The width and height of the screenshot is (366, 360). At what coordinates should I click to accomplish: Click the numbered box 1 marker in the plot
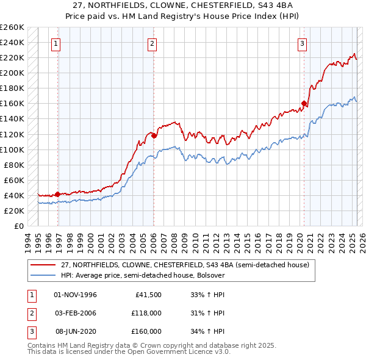[x=56, y=43]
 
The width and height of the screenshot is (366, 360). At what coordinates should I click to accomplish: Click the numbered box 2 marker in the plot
[x=151, y=43]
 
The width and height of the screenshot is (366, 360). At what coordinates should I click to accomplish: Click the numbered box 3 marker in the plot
[x=302, y=43]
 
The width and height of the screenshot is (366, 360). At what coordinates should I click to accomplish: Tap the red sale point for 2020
[x=304, y=103]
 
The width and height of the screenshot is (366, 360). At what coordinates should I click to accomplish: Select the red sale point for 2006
[x=154, y=135]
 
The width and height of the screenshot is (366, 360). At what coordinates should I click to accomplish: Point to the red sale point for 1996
[x=57, y=194]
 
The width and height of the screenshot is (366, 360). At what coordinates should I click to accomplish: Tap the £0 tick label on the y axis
[x=19, y=226]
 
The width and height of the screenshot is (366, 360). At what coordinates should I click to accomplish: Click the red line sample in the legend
[x=43, y=265]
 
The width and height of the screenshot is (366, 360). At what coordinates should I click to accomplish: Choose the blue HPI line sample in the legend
[x=43, y=275]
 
